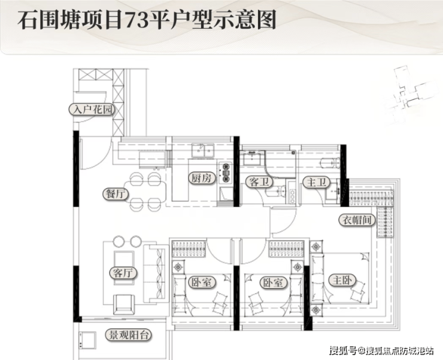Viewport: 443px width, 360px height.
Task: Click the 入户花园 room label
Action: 92,110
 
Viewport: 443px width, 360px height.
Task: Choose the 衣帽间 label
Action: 357,220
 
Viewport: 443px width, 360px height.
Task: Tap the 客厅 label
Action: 122,273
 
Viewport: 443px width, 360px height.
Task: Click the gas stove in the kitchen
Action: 226,172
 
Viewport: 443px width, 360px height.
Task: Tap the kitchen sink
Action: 203,149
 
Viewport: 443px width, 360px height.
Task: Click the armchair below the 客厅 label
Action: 122,303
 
